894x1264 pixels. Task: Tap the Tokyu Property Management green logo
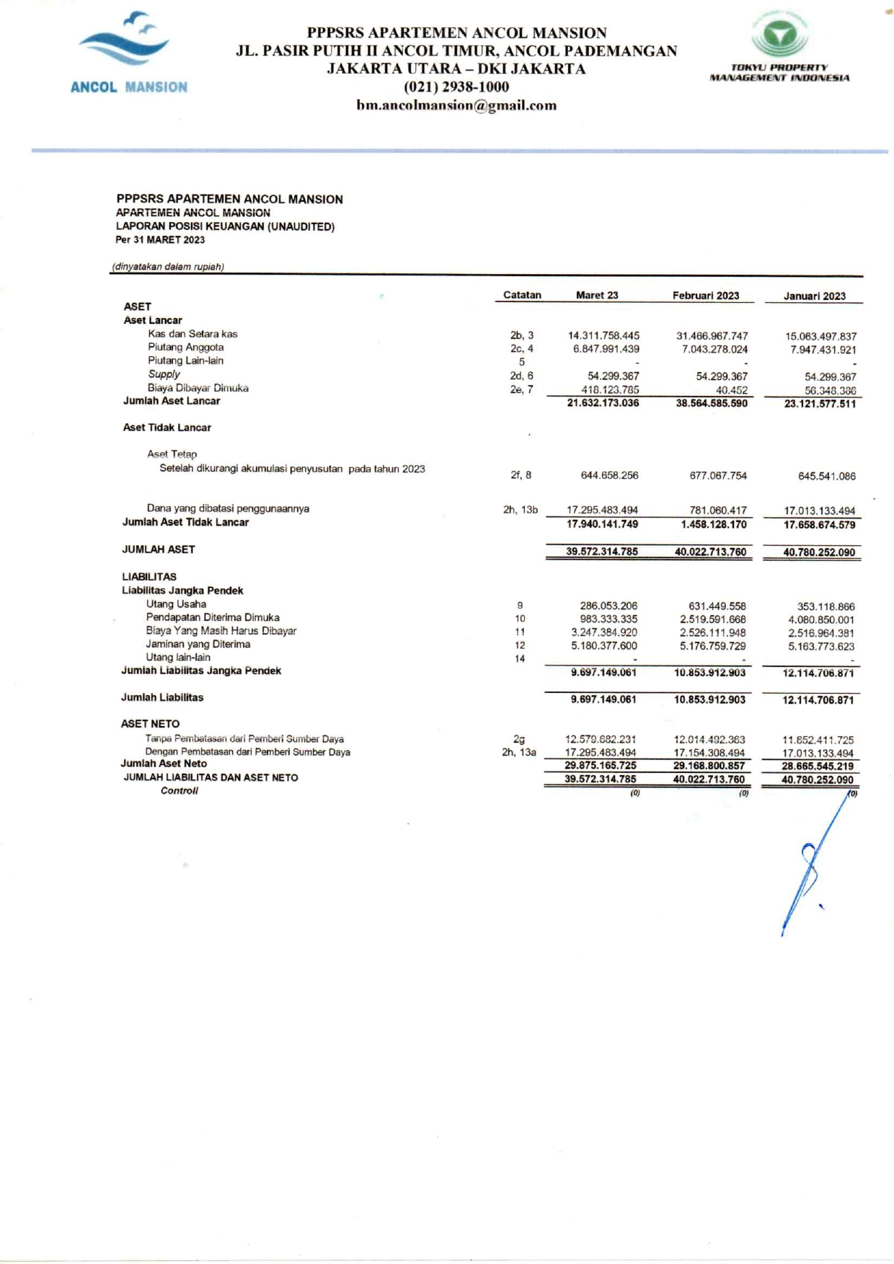point(779,34)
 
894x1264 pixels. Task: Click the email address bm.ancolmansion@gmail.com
point(456,105)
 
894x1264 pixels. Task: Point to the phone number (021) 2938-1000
point(456,87)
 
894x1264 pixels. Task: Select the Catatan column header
point(522,295)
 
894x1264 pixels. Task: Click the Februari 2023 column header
point(705,296)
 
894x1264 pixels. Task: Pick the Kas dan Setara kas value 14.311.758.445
point(603,335)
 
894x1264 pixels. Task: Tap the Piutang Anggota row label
point(185,347)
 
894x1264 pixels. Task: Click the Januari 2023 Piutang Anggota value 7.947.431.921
point(823,350)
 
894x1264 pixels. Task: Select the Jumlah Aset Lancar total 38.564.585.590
point(712,403)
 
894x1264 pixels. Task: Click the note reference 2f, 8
point(521,474)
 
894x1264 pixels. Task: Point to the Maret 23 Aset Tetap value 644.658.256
point(609,475)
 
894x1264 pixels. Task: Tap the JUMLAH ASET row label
point(158,549)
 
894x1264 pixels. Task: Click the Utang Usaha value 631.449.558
point(717,606)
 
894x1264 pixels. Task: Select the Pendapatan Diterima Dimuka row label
point(213,617)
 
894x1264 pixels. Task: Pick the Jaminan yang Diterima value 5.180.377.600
point(603,645)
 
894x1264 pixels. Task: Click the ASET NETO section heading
point(150,724)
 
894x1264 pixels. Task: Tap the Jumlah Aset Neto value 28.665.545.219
point(818,766)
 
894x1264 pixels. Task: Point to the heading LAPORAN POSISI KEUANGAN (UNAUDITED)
point(225,226)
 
